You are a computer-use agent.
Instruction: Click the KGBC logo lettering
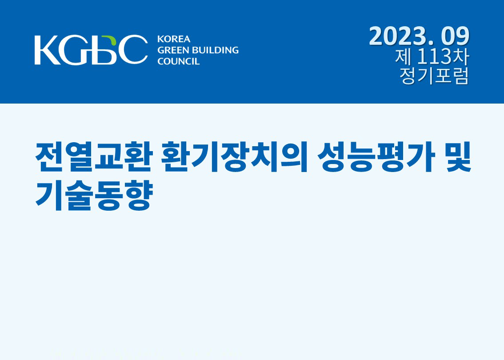pos(91,50)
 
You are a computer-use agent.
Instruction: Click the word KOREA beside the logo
pos(174,39)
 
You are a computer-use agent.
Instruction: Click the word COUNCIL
pos(178,61)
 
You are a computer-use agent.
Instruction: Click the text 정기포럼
pos(434,76)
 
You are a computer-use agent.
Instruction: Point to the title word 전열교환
pos(93,157)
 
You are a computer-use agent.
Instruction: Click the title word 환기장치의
pos(234,157)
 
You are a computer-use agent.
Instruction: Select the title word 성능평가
pos(376,157)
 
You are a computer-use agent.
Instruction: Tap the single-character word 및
pos(458,157)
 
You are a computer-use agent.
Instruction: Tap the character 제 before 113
pos(404,56)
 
